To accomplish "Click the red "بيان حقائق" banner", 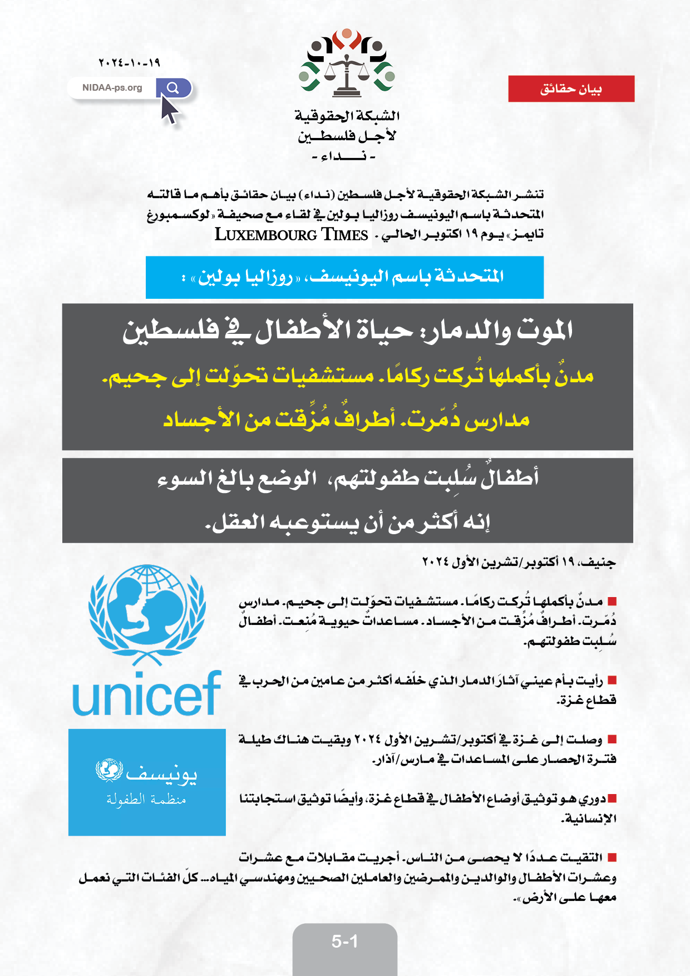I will [571, 89].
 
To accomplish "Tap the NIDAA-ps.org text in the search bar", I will [112, 88].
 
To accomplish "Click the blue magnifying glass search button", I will [173, 87].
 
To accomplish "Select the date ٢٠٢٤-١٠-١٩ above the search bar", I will [129, 63].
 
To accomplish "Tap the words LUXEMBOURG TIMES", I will [292, 235].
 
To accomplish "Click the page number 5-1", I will [344, 941].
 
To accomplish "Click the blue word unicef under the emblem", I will [147, 694].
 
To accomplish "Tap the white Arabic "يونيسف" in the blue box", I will [161, 773].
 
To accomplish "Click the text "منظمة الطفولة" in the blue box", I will [146, 800].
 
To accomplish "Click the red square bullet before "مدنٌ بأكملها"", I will [612, 602].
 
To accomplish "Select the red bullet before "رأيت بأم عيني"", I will [612, 680].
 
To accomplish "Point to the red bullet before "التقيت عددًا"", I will [612, 857].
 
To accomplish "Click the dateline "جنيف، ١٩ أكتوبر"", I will [519, 562].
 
